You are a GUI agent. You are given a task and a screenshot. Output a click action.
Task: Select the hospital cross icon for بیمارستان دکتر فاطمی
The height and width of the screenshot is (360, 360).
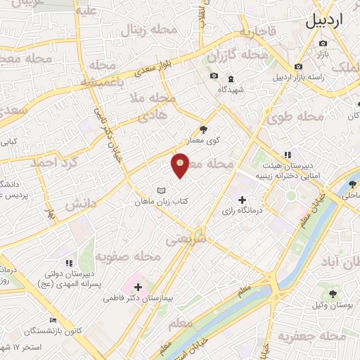[138, 287]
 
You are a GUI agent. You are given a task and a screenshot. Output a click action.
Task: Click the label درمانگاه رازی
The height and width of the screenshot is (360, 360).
[242, 210]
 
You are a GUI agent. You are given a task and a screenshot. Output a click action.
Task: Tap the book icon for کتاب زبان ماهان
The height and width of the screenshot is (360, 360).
[162, 191]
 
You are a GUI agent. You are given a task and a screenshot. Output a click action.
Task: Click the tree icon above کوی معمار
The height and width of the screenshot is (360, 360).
[204, 129]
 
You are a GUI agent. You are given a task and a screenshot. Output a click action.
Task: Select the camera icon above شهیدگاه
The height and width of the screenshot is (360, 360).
[214, 76]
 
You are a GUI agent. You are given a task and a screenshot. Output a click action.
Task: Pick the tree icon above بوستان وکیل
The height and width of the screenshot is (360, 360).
[333, 292]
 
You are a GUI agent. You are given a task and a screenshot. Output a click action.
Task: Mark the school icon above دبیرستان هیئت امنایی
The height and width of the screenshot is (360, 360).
[287, 155]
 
